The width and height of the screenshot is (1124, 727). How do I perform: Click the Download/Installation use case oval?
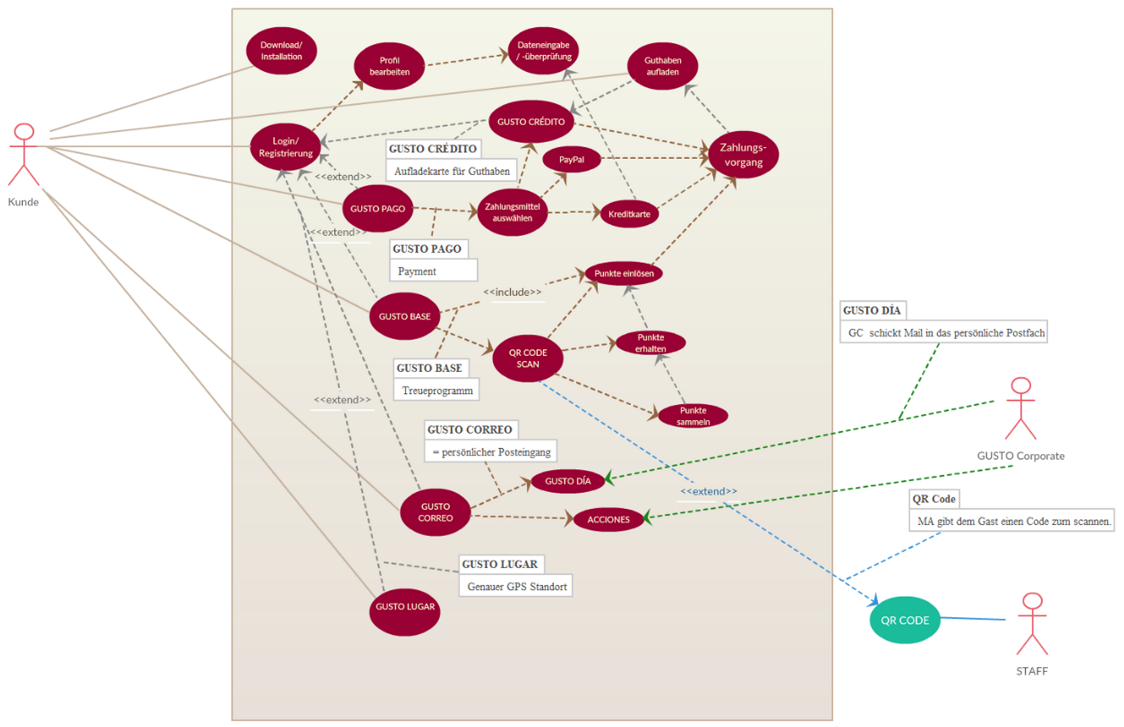pyautogui.click(x=281, y=51)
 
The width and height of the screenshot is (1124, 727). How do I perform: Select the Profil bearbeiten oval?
pyautogui.click(x=389, y=66)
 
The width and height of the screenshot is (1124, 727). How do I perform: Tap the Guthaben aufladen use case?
pyautogui.click(x=663, y=66)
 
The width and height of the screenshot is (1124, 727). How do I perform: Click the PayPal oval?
pyautogui.click(x=571, y=160)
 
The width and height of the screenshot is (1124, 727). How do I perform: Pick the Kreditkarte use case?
pyautogui.click(x=629, y=214)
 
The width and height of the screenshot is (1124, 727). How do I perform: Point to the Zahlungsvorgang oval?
pyautogui.click(x=743, y=155)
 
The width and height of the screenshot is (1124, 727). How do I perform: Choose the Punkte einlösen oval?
pyautogui.click(x=624, y=274)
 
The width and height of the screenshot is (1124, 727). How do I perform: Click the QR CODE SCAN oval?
pyautogui.click(x=528, y=358)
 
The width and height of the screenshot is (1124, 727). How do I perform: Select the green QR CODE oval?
pyautogui.click(x=904, y=620)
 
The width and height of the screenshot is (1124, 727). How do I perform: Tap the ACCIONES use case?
pyautogui.click(x=608, y=519)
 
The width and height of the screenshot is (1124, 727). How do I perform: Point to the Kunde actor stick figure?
pyautogui.click(x=24, y=155)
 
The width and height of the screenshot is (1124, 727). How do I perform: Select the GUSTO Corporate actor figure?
pyautogui.click(x=1021, y=409)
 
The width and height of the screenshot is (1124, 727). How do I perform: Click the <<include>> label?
pyautogui.click(x=512, y=292)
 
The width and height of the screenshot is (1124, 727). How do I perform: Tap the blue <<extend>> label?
pyautogui.click(x=708, y=492)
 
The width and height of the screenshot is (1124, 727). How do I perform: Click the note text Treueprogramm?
pyautogui.click(x=437, y=391)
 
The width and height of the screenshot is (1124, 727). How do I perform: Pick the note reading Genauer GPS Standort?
pyautogui.click(x=516, y=586)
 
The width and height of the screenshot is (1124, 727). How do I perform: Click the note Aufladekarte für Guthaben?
pyautogui.click(x=451, y=171)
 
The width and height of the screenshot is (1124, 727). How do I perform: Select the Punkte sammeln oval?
pyautogui.click(x=693, y=416)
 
